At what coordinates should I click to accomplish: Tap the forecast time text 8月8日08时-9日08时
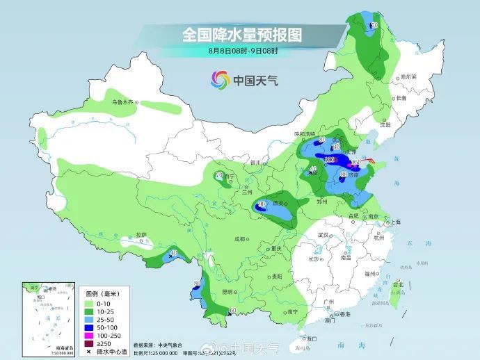pos(243,50)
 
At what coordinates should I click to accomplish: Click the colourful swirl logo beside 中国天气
pos(220,80)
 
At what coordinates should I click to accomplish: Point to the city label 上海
pos(395,222)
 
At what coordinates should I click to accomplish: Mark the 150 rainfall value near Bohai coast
pos(356,163)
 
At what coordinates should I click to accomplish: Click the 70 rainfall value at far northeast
pos(374,26)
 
